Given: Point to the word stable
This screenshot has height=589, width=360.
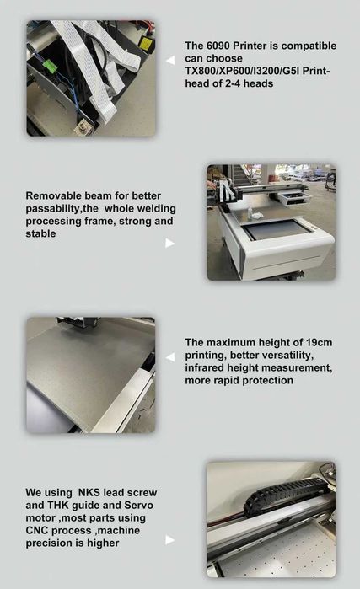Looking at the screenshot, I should pyautogui.click(x=42, y=233).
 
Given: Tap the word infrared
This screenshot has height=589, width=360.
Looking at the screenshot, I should pyautogui.click(x=207, y=367).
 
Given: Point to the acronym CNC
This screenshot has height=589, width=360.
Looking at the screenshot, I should pyautogui.click(x=39, y=530).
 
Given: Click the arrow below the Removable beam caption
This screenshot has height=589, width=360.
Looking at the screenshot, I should pyautogui.click(x=169, y=244).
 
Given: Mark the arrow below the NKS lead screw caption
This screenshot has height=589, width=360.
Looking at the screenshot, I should pyautogui.click(x=169, y=540).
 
